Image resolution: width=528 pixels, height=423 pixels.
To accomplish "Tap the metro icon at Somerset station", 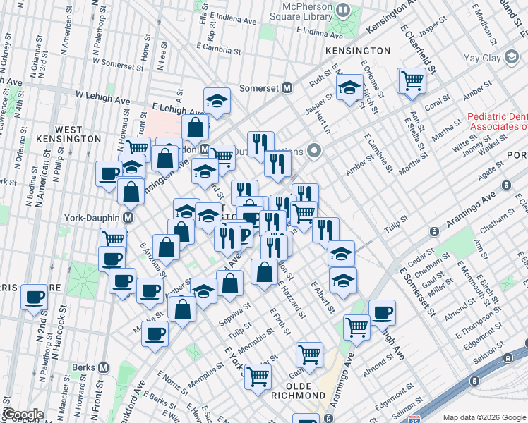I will pos(287,88).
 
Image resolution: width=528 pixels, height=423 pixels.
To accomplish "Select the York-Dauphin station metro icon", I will pos(128,218).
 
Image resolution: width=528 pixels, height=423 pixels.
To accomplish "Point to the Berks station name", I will pos(84,367).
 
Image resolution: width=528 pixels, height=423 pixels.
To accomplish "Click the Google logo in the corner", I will pos(23,415).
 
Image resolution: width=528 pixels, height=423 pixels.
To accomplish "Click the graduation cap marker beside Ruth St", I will pos(349,88).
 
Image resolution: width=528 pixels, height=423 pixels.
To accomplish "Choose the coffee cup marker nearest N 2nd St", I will pos(34,297).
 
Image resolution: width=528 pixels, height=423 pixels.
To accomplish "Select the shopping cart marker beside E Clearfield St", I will pos(412,80).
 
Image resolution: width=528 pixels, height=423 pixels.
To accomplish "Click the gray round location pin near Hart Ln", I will pos(315,151).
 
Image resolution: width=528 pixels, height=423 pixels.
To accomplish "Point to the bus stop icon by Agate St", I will pos(506,185).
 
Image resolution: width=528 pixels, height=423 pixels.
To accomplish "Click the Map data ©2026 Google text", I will pos(484,417).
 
